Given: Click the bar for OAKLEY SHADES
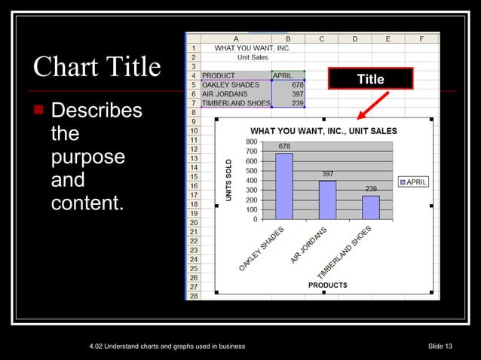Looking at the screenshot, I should [x=283, y=186].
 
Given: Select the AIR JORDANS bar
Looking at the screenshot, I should [x=327, y=200].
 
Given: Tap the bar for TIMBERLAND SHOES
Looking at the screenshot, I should [x=370, y=207].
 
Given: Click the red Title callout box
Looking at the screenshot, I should [x=370, y=79].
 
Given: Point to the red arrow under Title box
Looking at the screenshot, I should [x=373, y=105].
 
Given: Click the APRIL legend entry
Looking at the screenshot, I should [x=412, y=182].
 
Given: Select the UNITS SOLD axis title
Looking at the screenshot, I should [x=228, y=180].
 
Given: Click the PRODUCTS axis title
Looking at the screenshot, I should [x=327, y=285].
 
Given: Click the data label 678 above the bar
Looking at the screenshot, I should [x=284, y=146].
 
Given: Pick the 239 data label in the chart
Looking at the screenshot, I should [x=370, y=188].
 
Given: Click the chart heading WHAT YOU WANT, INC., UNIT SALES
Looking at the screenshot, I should [x=323, y=131].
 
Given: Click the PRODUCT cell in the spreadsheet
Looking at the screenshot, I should [x=218, y=75].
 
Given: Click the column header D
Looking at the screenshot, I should [x=354, y=38].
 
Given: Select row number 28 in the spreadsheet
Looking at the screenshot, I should [x=193, y=296].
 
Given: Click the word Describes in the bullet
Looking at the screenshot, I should [x=96, y=111].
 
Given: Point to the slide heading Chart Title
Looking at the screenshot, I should [x=97, y=67].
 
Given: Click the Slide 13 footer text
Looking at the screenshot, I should [x=440, y=346].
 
